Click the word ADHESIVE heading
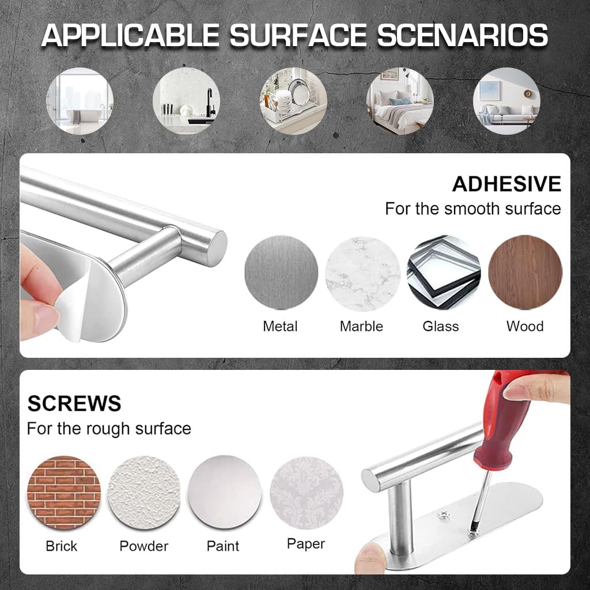pos(506,184)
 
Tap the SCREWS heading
pos(74,403)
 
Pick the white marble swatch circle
pos(362,273)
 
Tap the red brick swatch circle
pos(64,492)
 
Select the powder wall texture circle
pos(144,492)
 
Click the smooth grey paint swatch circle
pos(225,492)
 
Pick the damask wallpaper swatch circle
pos(306,492)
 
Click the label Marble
pos(361,327)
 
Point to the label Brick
pos(62,546)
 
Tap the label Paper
pos(305,543)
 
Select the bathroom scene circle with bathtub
pos(80,101)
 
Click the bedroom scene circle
pos(400,101)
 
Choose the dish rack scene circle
pos(293,101)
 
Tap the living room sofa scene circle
pos(506,101)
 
